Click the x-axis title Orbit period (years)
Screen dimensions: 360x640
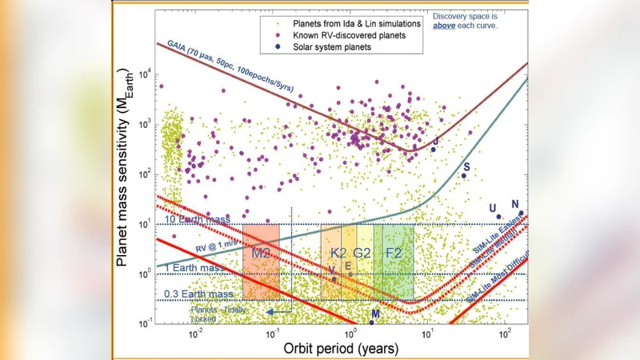tap(341, 349)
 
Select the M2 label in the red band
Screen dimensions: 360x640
tap(260, 253)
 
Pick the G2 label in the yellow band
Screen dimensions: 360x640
tap(362, 253)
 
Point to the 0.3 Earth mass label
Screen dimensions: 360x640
tap(198, 294)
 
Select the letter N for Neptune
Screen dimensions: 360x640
tap(515, 204)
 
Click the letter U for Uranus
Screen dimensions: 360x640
tap(493, 208)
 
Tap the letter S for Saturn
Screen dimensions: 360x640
tap(466, 167)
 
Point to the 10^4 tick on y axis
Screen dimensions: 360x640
tap(144, 74)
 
